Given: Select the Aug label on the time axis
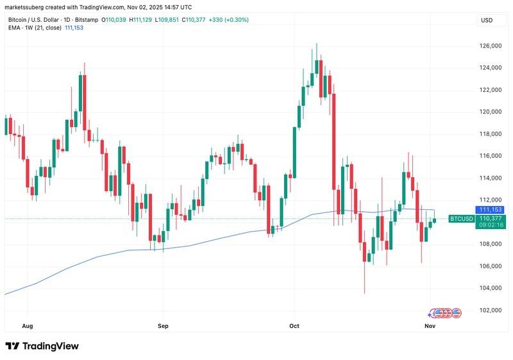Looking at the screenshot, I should (x=27, y=326).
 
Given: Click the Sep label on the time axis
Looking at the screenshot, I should (x=162, y=326).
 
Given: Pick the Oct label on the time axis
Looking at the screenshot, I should (x=294, y=326).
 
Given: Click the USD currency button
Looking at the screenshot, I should (x=487, y=20).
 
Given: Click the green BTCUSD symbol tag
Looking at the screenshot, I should (x=462, y=219).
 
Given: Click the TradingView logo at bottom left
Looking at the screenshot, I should (x=42, y=346).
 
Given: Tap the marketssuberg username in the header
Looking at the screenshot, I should (x=22, y=7).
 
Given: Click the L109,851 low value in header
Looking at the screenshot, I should (x=174, y=20).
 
